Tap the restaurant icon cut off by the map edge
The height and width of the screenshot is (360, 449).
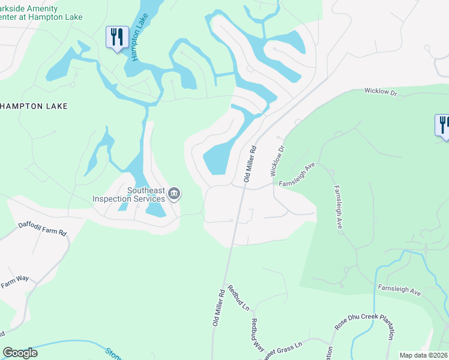[443, 125]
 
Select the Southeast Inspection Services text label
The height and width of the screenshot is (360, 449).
[128, 194]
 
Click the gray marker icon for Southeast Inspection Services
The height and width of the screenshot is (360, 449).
[175, 193]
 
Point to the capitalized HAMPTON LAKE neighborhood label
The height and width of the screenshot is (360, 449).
[34, 106]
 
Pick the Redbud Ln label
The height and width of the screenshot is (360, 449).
[238, 298]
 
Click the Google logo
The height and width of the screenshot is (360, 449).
[20, 353]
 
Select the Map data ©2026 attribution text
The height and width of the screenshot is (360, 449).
[423, 355]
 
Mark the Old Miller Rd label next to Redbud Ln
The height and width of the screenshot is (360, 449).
[218, 308]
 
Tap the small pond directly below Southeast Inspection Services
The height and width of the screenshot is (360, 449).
[157, 209]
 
